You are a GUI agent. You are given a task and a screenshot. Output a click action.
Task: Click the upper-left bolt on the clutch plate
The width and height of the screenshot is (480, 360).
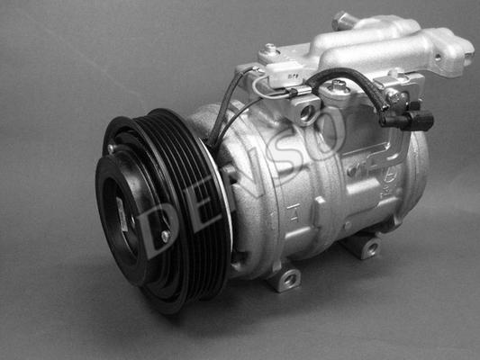pyautogui.click(x=111, y=148)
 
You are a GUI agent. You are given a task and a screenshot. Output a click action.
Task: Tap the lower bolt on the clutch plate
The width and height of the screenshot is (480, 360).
pyautogui.click(x=166, y=236)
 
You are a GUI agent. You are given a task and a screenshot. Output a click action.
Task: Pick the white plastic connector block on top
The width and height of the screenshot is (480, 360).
pyautogui.click(x=285, y=76)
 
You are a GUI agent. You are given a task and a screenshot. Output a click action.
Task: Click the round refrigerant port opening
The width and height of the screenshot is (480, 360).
pyautogui.click(x=306, y=112)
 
